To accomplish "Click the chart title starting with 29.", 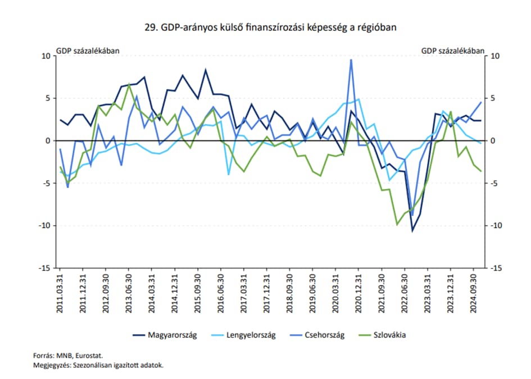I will tap(265, 27).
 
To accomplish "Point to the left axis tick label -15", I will tap(44, 268).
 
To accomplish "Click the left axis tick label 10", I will tap(46, 56).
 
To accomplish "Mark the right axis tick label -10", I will tap(496, 226).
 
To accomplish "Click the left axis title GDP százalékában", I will tap(87, 51).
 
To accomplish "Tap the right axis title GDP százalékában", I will tap(452, 51).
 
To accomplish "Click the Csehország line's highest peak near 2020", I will tap(351, 60).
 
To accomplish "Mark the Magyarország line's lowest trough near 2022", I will tap(412, 231).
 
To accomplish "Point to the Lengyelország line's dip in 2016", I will tap(228, 175).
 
